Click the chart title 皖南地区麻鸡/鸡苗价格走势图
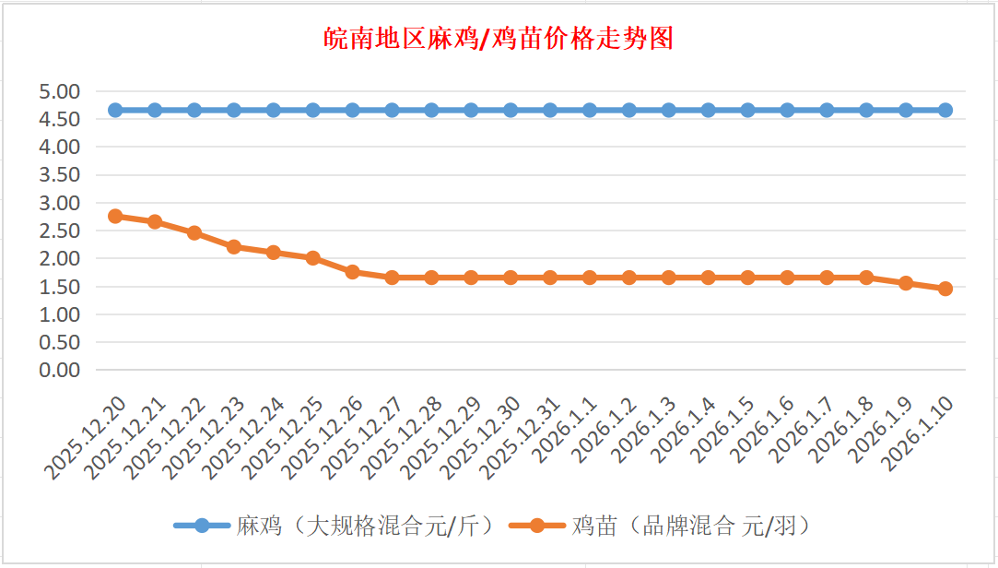tap(499, 39)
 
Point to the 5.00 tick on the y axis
tap(60, 91)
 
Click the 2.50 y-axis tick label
tap(60, 231)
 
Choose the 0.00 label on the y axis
tap(60, 370)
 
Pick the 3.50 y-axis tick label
tap(60, 175)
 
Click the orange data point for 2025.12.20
tap(115, 216)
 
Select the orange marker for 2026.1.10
tap(945, 289)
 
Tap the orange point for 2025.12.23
tap(234, 247)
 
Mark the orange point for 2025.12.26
tap(352, 272)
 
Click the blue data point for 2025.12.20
tap(115, 111)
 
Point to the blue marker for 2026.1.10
tap(945, 111)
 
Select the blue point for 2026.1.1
tap(590, 111)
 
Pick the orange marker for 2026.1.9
tap(906, 283)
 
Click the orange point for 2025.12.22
tap(194, 233)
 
